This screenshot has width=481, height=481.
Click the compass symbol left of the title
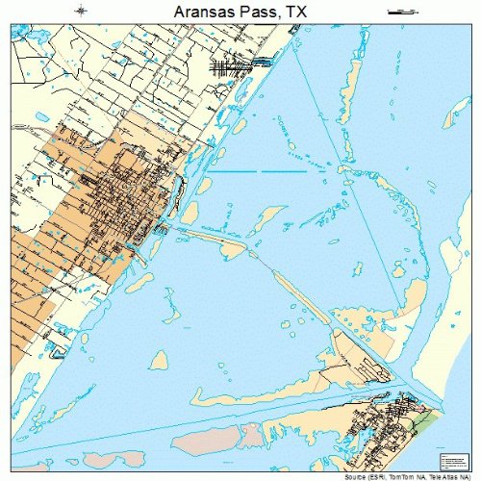(84, 11)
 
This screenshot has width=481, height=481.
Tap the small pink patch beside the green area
(415, 409)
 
